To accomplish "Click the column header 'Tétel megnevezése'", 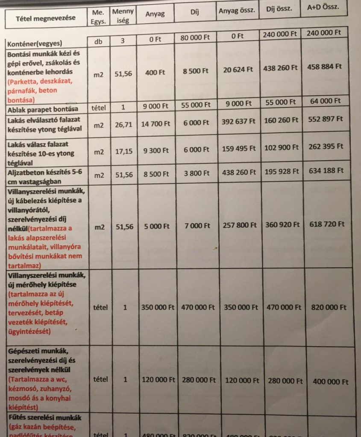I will click(x=45, y=18).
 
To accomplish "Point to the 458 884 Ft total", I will click(x=324, y=67).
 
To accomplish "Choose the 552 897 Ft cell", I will click(x=324, y=119).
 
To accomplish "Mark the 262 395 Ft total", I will click(x=324, y=146).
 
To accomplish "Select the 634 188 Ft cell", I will click(x=324, y=171).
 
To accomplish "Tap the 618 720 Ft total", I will click(x=324, y=224).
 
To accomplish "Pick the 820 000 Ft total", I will click(x=326, y=307).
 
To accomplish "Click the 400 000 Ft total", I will click(x=328, y=382).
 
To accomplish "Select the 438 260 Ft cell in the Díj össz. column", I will click(x=281, y=67).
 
